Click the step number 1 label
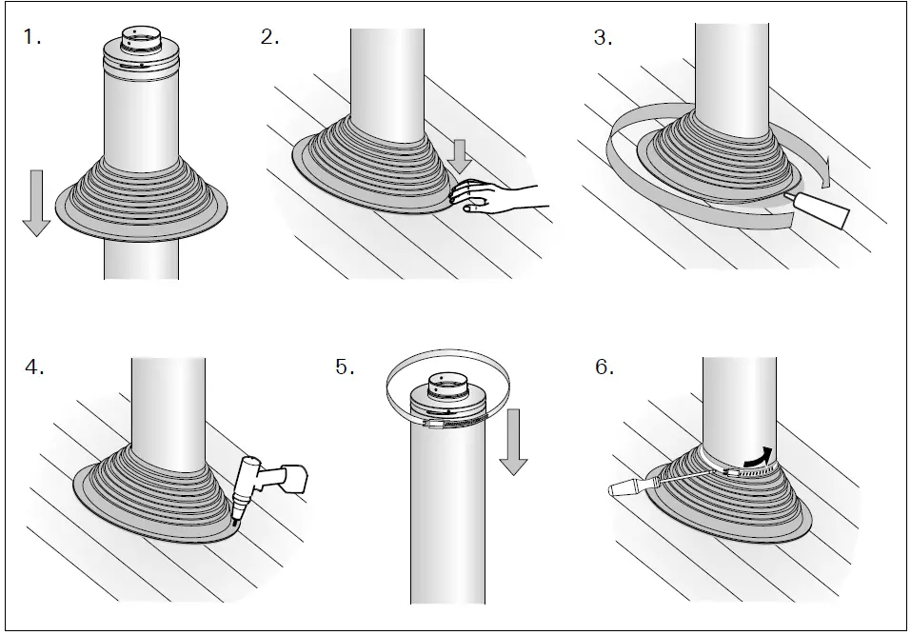(32, 39)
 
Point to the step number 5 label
(346, 368)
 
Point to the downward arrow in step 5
(513, 443)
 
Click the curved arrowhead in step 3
(827, 173)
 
